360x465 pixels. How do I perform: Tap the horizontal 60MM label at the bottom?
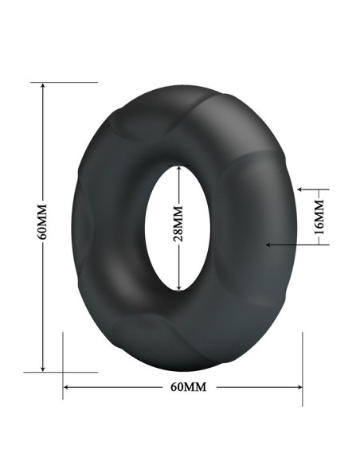(189, 387)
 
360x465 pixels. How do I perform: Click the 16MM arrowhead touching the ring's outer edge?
(299, 190)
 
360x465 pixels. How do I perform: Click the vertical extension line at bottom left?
(63, 362)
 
